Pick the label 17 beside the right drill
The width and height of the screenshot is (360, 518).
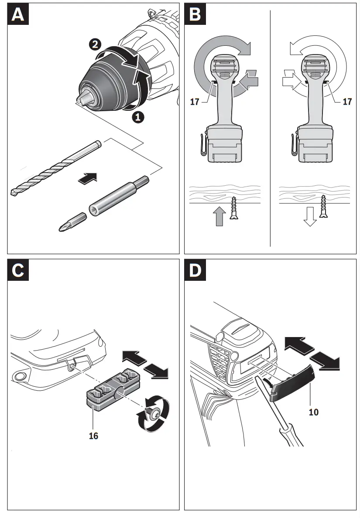tap(347, 102)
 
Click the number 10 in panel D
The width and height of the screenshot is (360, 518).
tap(313, 411)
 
